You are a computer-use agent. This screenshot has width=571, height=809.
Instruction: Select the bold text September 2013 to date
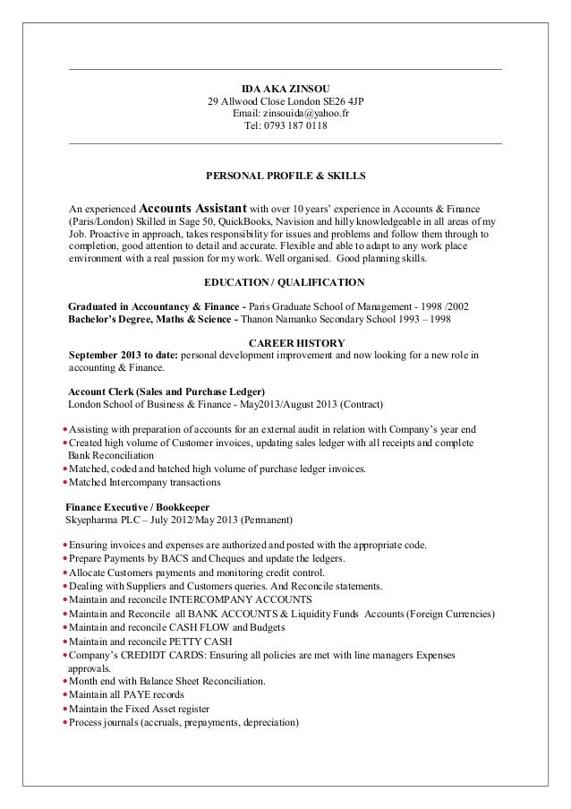(x=126, y=355)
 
